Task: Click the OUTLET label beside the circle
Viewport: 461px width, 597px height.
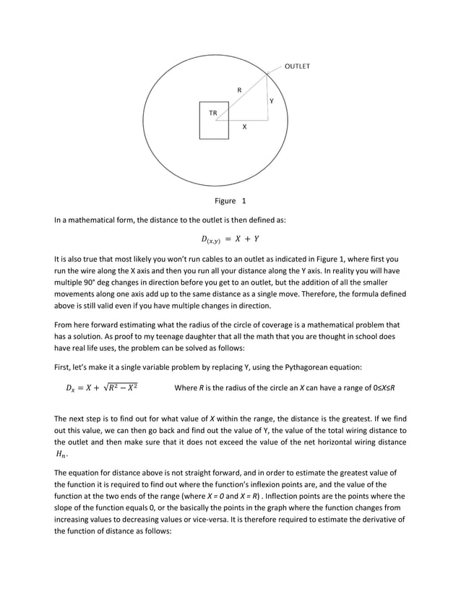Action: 297,66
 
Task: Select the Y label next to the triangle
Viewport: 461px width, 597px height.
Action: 271,100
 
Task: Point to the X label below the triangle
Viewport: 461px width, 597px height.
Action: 244,126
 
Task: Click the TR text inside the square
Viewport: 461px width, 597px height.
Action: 212,113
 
